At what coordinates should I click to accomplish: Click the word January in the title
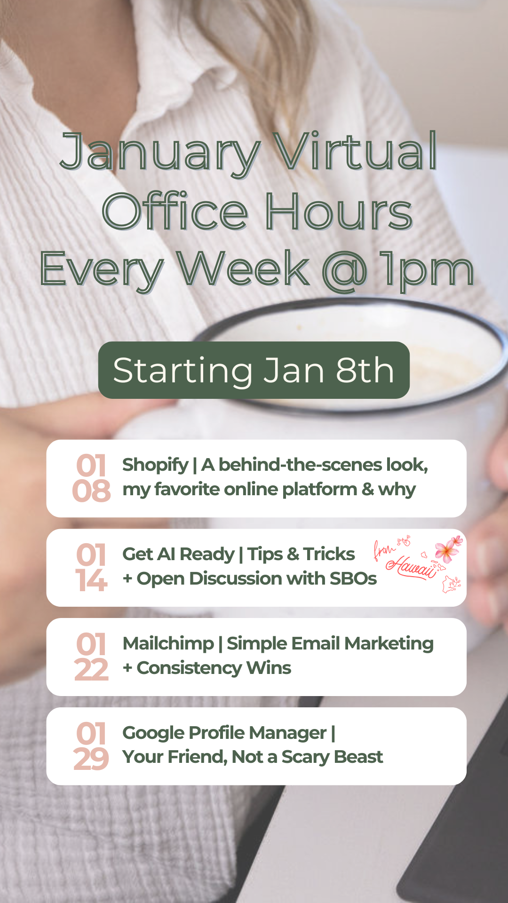coord(160,153)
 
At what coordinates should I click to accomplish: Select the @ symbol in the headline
coord(345,270)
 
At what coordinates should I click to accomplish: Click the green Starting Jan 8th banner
coord(254,370)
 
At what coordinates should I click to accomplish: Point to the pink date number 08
coord(91,491)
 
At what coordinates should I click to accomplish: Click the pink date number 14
coord(91,580)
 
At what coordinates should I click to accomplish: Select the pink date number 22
coord(91,670)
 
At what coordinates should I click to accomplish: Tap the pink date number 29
coord(91,759)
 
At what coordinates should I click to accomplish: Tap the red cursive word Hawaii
coord(412,567)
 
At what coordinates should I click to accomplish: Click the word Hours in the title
coord(339,212)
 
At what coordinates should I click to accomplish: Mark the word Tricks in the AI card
coord(329,554)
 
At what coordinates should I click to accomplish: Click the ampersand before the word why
coord(368,489)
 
